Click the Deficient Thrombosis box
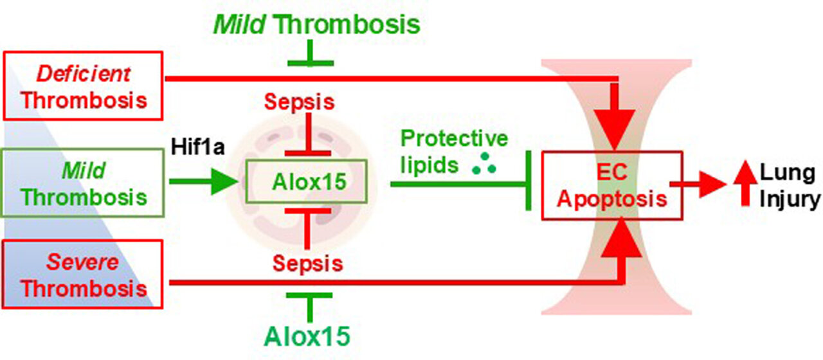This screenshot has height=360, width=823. (x=83, y=86)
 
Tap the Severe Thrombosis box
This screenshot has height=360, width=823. (x=83, y=274)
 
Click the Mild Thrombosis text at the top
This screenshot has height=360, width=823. (x=316, y=25)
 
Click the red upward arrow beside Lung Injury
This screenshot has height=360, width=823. (x=745, y=185)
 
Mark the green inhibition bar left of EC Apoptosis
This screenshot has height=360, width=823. (x=529, y=183)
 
